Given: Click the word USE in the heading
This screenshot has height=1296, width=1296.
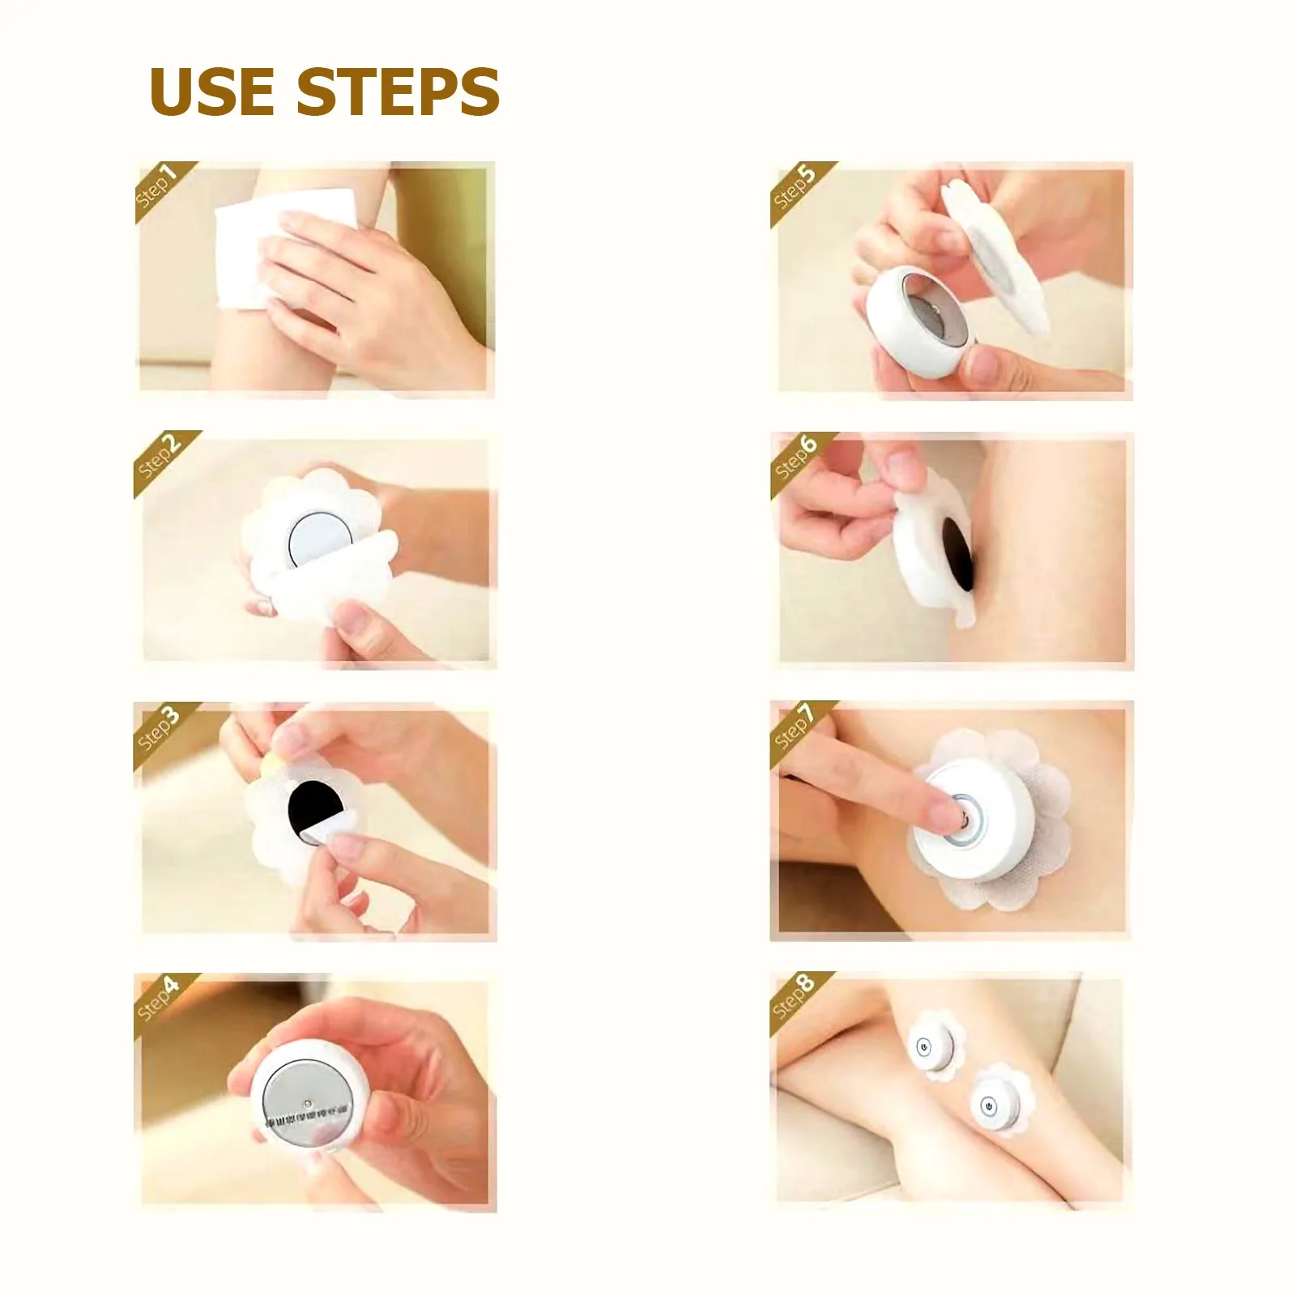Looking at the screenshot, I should pos(212,91).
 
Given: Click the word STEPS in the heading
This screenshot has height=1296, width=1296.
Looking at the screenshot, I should pos(398,91).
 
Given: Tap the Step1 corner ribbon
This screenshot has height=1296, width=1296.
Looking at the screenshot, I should pos(158,187).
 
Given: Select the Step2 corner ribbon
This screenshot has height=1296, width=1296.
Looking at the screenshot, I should pos(160,457).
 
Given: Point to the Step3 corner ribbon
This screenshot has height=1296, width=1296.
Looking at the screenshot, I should pos(159,728).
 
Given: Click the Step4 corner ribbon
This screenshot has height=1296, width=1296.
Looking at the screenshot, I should pos(159,999).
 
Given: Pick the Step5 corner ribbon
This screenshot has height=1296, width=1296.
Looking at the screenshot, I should pos(794,187).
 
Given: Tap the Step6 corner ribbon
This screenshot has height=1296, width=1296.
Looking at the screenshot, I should pos(795,457).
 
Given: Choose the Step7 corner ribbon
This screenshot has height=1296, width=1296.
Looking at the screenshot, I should pos(795,727).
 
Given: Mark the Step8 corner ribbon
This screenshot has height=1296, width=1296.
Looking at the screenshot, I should pos(794,997).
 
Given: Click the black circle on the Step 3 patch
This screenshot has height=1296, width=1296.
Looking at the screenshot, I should pos(318,806).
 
